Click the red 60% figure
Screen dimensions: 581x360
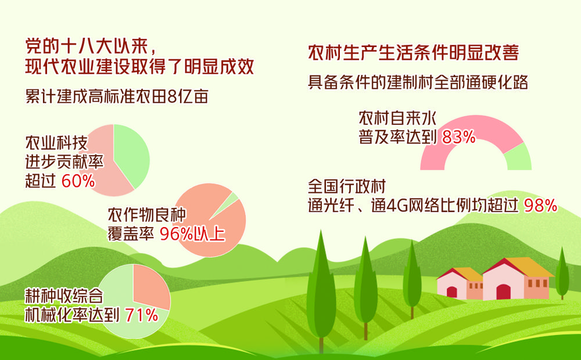(x=78, y=182)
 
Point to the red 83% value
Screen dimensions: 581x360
(x=459, y=138)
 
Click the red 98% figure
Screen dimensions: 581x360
(x=540, y=206)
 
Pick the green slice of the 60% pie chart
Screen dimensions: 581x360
(x=131, y=156)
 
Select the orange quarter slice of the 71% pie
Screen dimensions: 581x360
(x=150, y=285)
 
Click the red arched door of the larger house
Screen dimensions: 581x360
(x=503, y=292)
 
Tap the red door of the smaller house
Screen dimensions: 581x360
(x=451, y=292)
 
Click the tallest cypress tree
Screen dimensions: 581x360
(x=321, y=289)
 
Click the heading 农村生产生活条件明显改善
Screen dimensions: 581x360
(x=414, y=53)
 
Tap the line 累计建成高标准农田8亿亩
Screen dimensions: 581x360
(x=117, y=96)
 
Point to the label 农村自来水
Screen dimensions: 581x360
(x=397, y=118)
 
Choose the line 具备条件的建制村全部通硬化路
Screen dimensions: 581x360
(x=418, y=82)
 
